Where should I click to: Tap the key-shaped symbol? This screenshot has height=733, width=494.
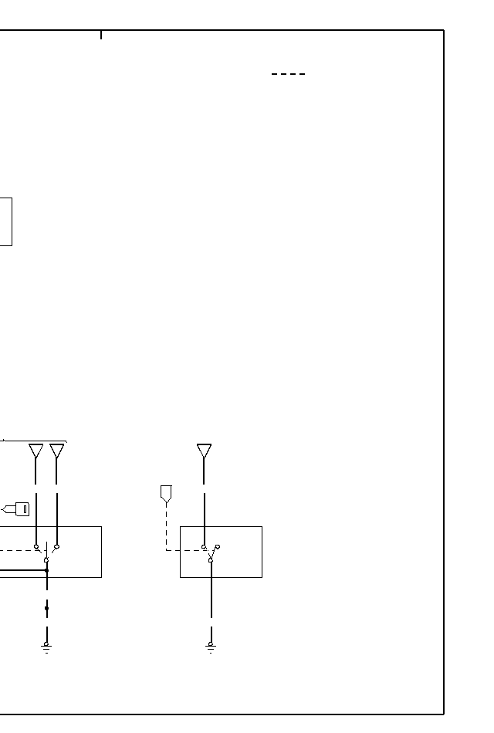(x=19, y=508)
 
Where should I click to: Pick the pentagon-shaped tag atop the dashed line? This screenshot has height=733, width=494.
(x=166, y=493)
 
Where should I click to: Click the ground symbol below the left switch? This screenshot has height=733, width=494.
(x=46, y=647)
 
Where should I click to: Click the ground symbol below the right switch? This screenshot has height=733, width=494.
(x=211, y=647)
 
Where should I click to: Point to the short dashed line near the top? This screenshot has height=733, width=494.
(x=288, y=74)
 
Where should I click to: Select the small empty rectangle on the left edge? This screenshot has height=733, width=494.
(x=5, y=221)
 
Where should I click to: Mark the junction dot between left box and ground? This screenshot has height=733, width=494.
(x=46, y=608)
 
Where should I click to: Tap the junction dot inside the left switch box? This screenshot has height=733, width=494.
(x=46, y=571)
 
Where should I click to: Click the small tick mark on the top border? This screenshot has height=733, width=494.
(x=101, y=35)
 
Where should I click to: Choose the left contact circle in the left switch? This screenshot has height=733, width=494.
(x=36, y=546)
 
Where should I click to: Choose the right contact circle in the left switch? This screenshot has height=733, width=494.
(x=56, y=546)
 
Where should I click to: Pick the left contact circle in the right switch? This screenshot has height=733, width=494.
(x=204, y=547)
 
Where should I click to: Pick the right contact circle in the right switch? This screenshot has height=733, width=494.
(x=218, y=547)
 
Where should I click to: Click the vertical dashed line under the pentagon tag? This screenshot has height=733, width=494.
(x=166, y=525)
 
